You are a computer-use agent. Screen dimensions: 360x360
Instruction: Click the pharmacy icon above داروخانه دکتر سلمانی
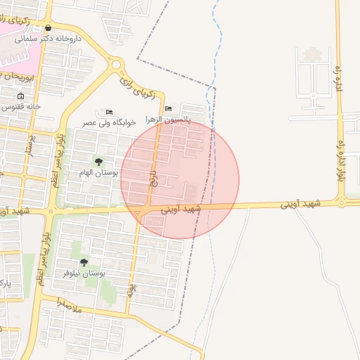(48, 28)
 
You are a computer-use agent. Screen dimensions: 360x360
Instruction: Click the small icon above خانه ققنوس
(20, 96)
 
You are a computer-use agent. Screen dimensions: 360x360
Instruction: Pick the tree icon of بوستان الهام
(98, 162)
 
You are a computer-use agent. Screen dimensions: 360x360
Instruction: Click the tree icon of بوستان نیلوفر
(84, 262)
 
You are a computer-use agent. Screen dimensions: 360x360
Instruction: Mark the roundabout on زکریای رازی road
(117, 66)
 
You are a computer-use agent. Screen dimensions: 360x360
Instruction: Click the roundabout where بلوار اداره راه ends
(342, 202)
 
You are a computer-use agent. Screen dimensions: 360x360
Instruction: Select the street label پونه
(130, 290)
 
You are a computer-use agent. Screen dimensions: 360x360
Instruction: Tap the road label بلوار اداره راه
(342, 161)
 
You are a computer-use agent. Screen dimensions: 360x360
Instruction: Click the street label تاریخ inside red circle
(153, 178)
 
